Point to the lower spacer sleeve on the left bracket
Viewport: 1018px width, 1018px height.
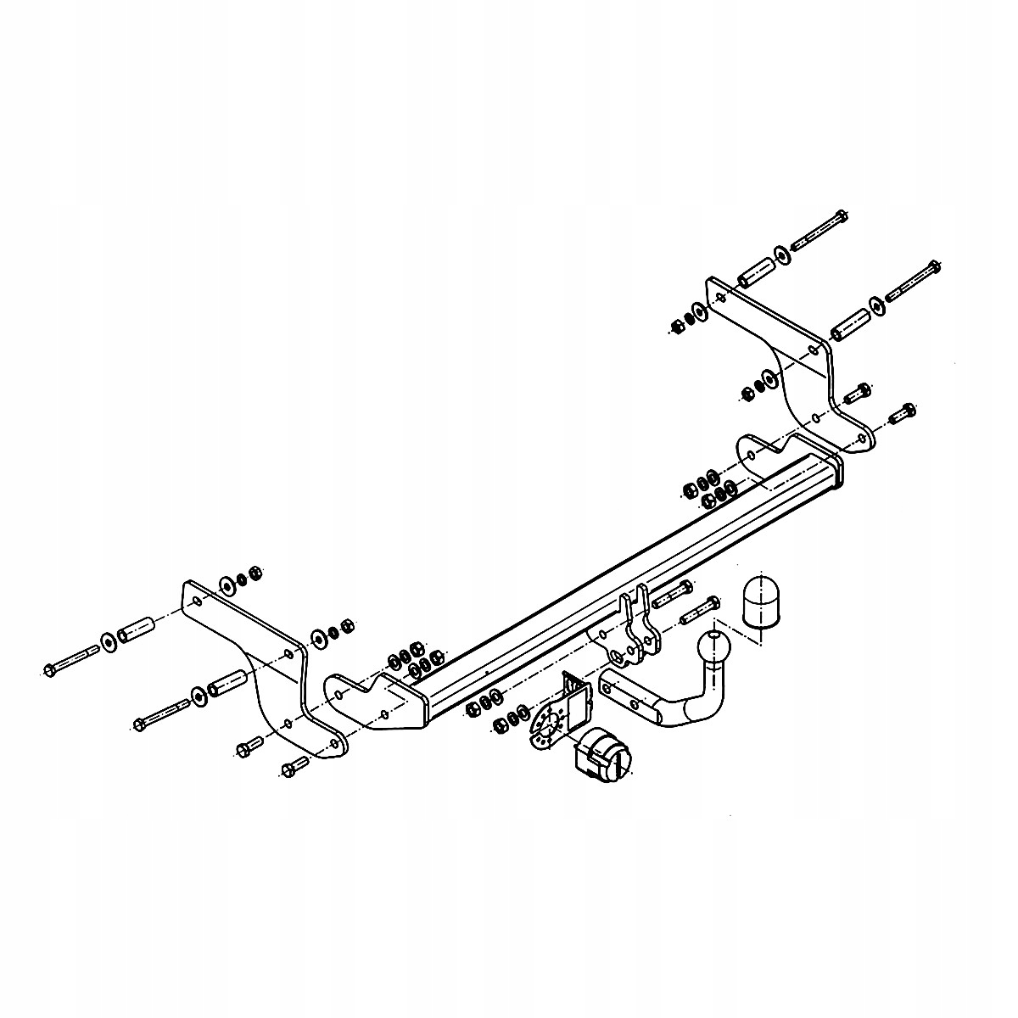pos(227,681)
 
